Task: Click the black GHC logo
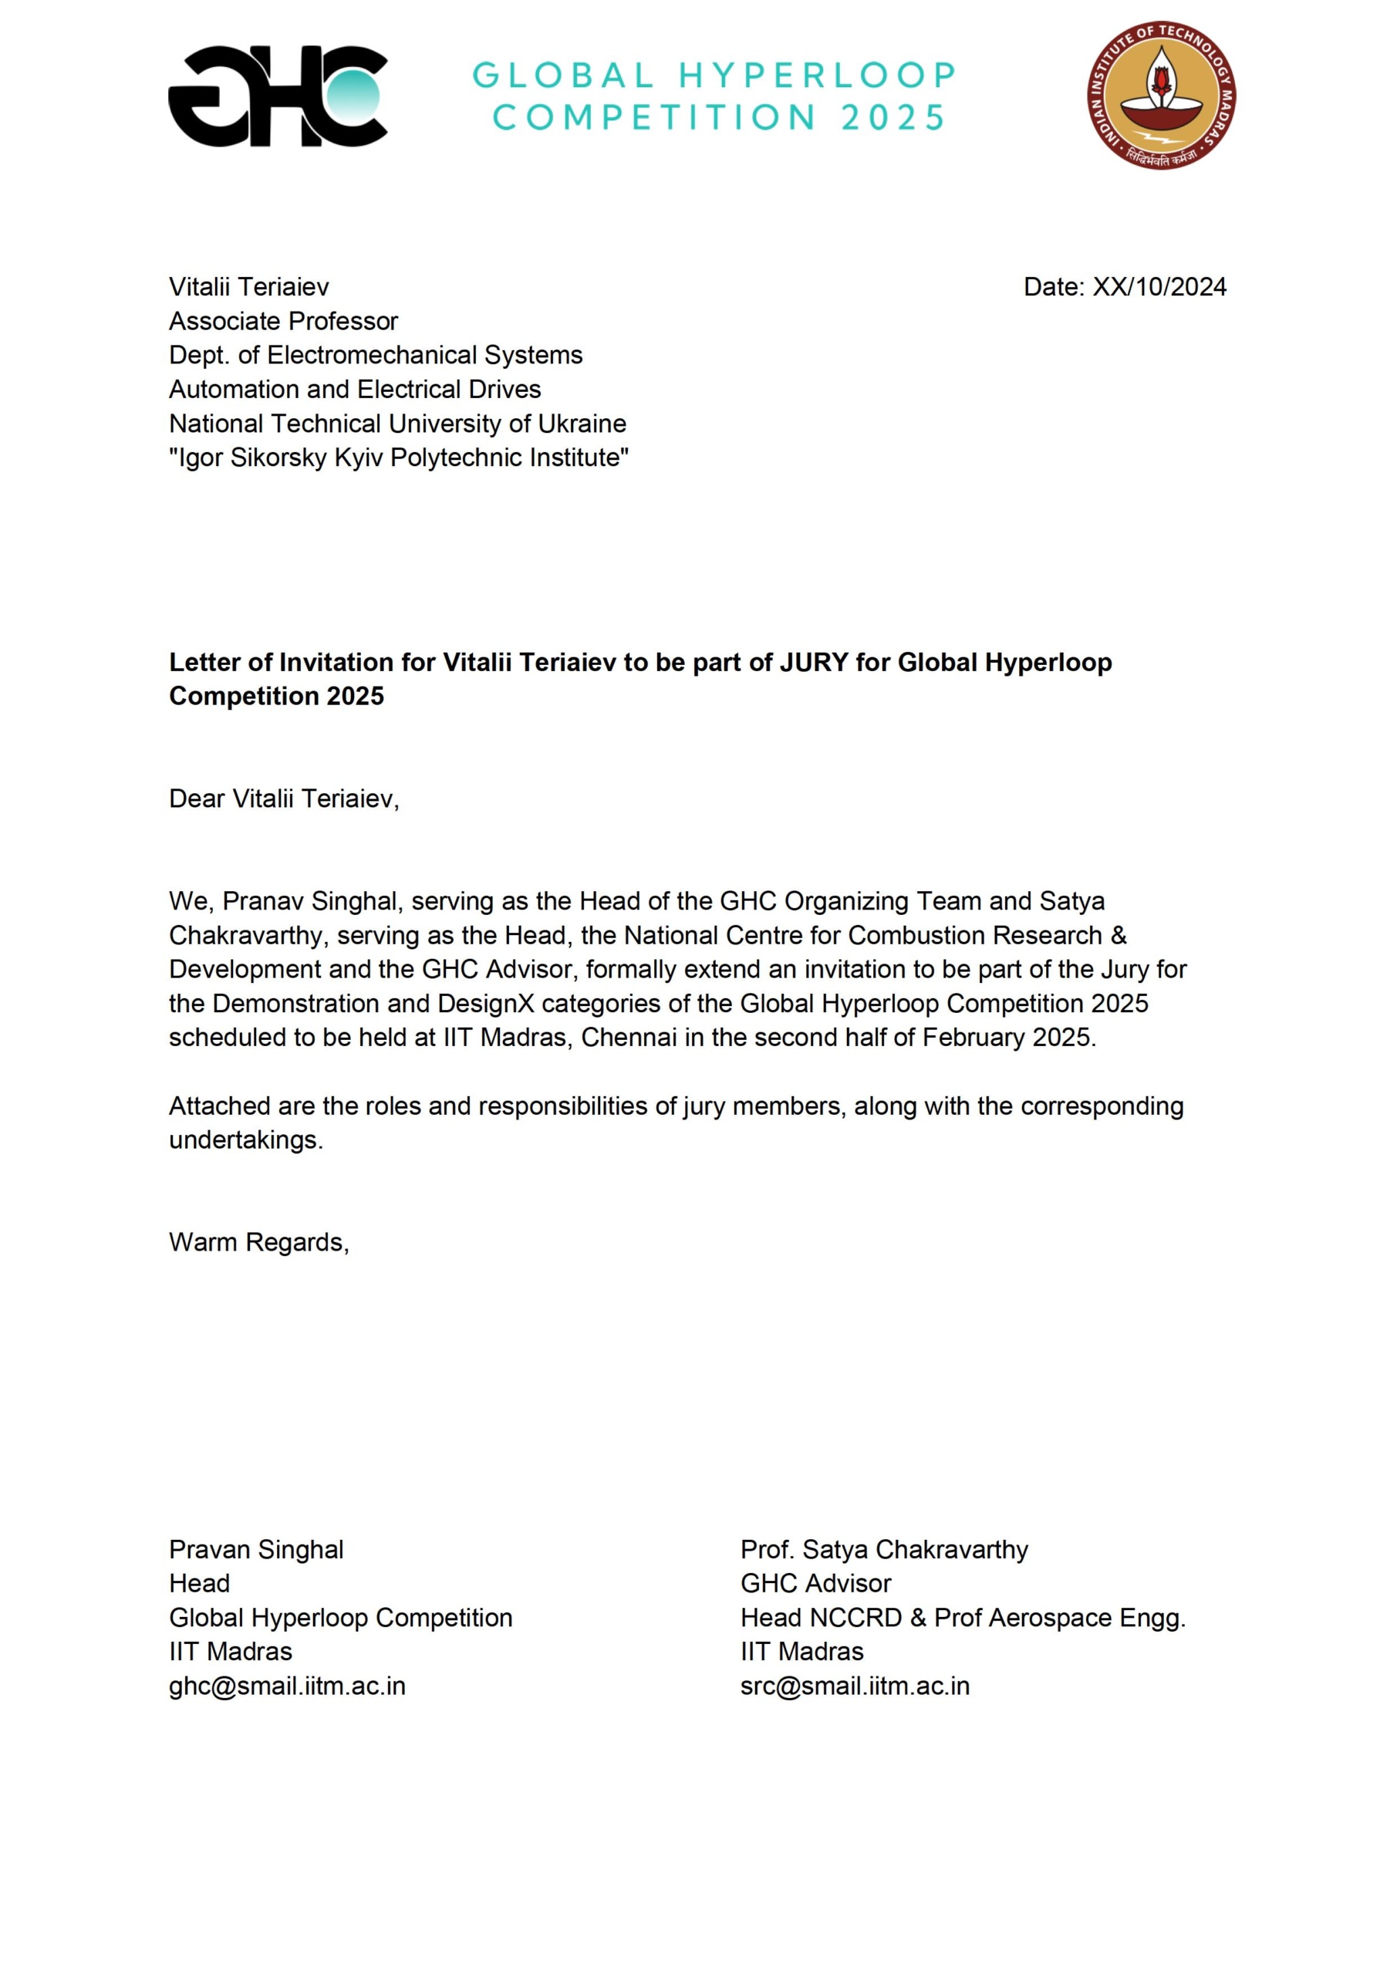point(277,96)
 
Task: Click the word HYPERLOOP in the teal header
point(817,76)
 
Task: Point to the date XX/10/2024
point(1159,287)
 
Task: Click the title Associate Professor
point(283,321)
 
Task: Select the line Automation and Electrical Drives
point(354,390)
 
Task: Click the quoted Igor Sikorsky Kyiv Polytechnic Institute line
point(398,457)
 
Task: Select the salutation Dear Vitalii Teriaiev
point(284,798)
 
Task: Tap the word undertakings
point(245,1139)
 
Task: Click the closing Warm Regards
point(258,1242)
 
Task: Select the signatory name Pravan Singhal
point(255,1549)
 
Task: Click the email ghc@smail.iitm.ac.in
point(286,1686)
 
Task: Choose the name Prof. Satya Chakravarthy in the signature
point(883,1549)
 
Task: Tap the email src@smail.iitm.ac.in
point(854,1686)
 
